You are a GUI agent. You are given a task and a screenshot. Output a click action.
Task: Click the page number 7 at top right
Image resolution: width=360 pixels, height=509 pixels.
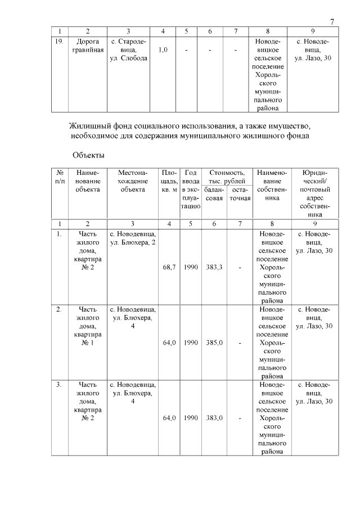pyautogui.click(x=332, y=21)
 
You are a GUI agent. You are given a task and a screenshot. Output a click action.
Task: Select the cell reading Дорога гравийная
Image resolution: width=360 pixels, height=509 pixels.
pyautogui.click(x=87, y=46)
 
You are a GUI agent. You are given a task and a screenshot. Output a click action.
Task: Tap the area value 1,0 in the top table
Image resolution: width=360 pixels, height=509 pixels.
pyautogui.click(x=163, y=50)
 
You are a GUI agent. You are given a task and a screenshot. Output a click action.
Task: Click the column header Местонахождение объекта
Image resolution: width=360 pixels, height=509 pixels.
pyautogui.click(x=133, y=181)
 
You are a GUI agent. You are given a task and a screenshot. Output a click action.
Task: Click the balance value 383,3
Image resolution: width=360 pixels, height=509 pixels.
pyautogui.click(x=214, y=267)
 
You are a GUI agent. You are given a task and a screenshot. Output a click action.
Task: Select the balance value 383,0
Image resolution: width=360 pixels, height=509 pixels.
pyautogui.click(x=214, y=418)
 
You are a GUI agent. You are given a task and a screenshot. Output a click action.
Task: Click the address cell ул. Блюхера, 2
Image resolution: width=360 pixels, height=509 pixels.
pyautogui.click(x=133, y=237)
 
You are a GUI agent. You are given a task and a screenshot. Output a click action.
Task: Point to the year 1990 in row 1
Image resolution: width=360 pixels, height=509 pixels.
pyautogui.click(x=191, y=267)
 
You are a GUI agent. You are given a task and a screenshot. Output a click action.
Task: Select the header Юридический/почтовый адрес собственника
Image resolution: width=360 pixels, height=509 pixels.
pyautogui.click(x=315, y=193)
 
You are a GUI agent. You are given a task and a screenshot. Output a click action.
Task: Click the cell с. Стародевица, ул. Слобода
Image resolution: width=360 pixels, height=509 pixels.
pyautogui.click(x=129, y=50)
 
